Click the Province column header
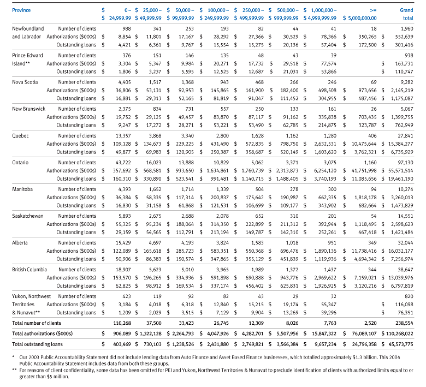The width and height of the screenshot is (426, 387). click(x=21, y=10)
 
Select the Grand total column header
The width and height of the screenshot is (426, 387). click(x=406, y=14)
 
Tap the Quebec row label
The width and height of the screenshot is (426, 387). click(x=20, y=136)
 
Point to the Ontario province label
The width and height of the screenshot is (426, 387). click(x=20, y=163)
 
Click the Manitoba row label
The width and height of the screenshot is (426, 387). click(x=22, y=189)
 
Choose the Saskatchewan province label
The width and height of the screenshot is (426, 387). click(x=28, y=216)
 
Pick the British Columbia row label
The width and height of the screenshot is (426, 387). click(x=29, y=270)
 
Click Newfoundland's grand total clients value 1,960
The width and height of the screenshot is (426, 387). click(x=407, y=29)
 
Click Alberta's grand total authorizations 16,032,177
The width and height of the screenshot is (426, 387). click(x=400, y=251)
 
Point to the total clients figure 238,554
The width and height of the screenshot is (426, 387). click(x=405, y=323)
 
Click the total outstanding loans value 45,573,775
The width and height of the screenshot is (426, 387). click(x=400, y=344)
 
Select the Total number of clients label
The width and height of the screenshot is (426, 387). click(x=37, y=323)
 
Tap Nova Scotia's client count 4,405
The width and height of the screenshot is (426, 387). click(x=125, y=82)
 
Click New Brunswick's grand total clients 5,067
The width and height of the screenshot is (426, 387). click(x=407, y=109)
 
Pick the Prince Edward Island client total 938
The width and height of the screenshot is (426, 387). click(x=409, y=55)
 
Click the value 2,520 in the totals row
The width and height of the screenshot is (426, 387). click(x=371, y=323)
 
